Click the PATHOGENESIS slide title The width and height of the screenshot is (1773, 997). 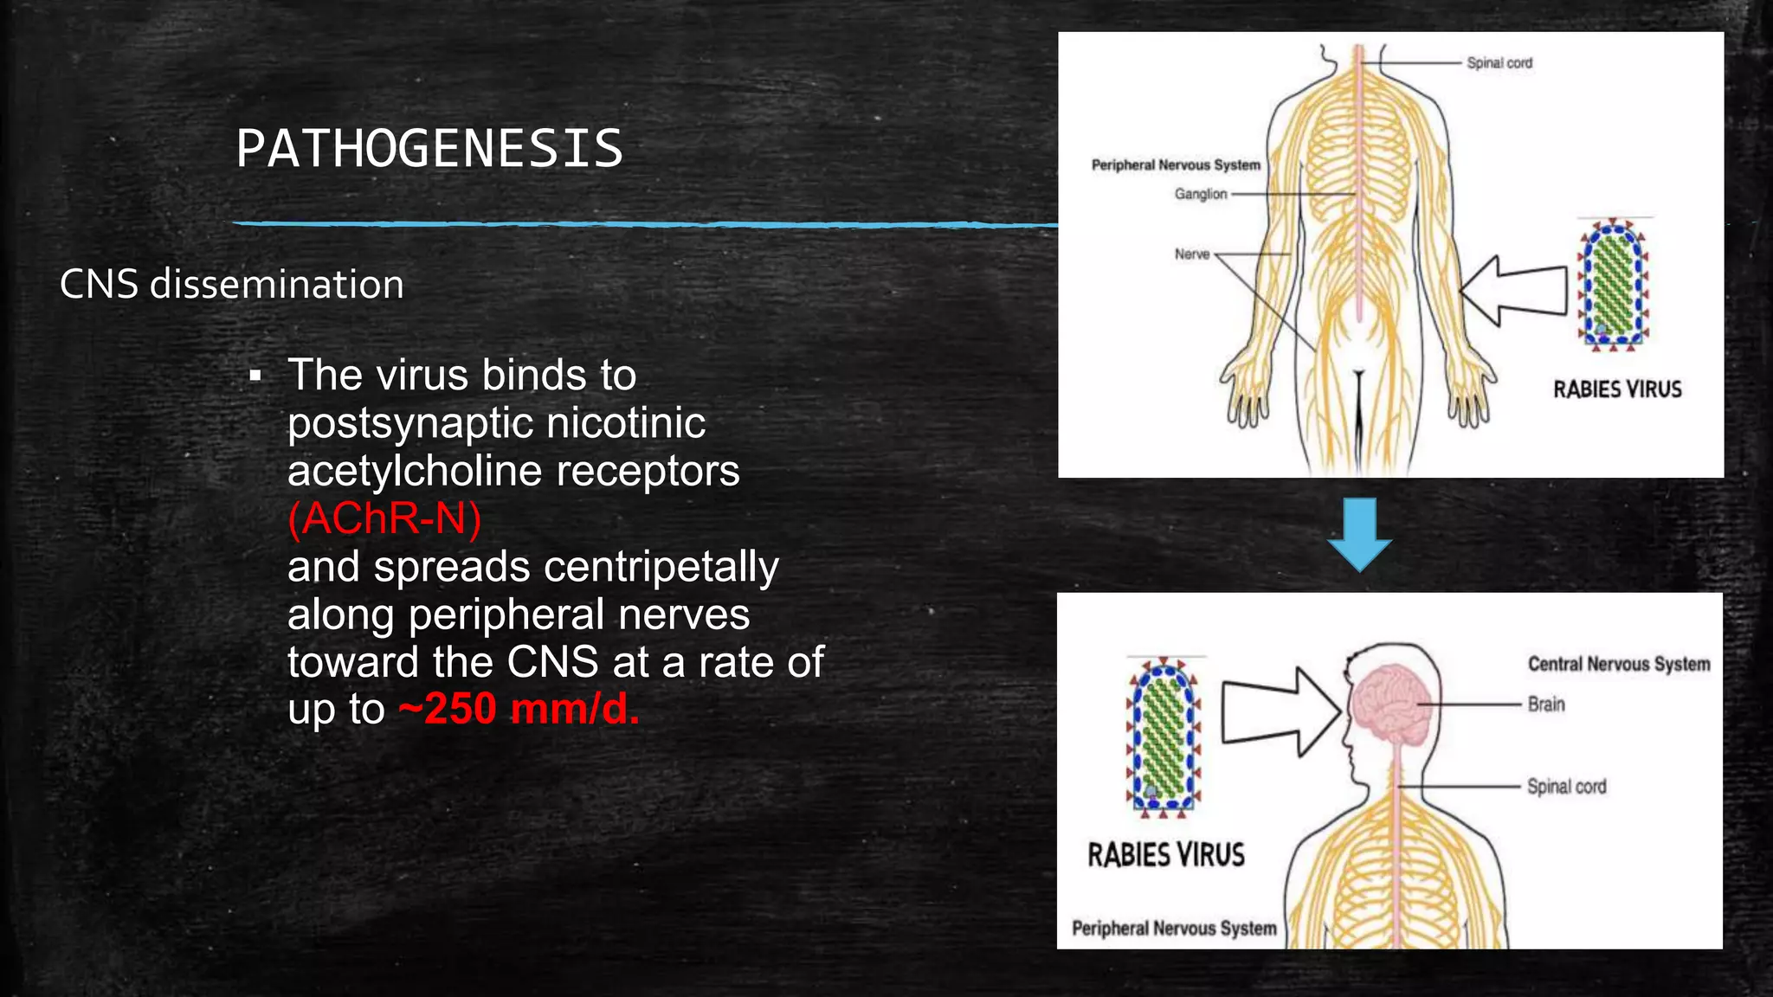pyautogui.click(x=429, y=148)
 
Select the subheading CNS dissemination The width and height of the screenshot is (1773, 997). pyautogui.click(x=232, y=284)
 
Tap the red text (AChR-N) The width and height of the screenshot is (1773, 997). pyautogui.click(x=384, y=518)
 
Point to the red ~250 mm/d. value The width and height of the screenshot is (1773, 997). pyautogui.click(x=519, y=709)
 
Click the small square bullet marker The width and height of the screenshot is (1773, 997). pyautogui.click(x=255, y=376)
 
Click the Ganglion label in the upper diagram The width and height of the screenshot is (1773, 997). pyautogui.click(x=1201, y=194)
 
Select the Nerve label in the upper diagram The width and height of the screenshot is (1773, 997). pyautogui.click(x=1192, y=254)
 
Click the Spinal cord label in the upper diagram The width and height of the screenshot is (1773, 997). pyautogui.click(x=1499, y=63)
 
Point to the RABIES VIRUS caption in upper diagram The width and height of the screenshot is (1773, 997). pyautogui.click(x=1617, y=389)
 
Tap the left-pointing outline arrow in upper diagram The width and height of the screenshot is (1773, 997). pyautogui.click(x=1513, y=291)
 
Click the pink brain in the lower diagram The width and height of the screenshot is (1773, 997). pyautogui.click(x=1393, y=703)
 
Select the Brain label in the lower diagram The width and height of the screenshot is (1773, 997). pyautogui.click(x=1546, y=704)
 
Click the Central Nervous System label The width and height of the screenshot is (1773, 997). pyautogui.click(x=1619, y=664)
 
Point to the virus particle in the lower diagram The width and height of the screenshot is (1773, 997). pyautogui.click(x=1164, y=736)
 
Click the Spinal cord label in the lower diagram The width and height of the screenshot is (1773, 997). pyautogui.click(x=1566, y=787)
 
